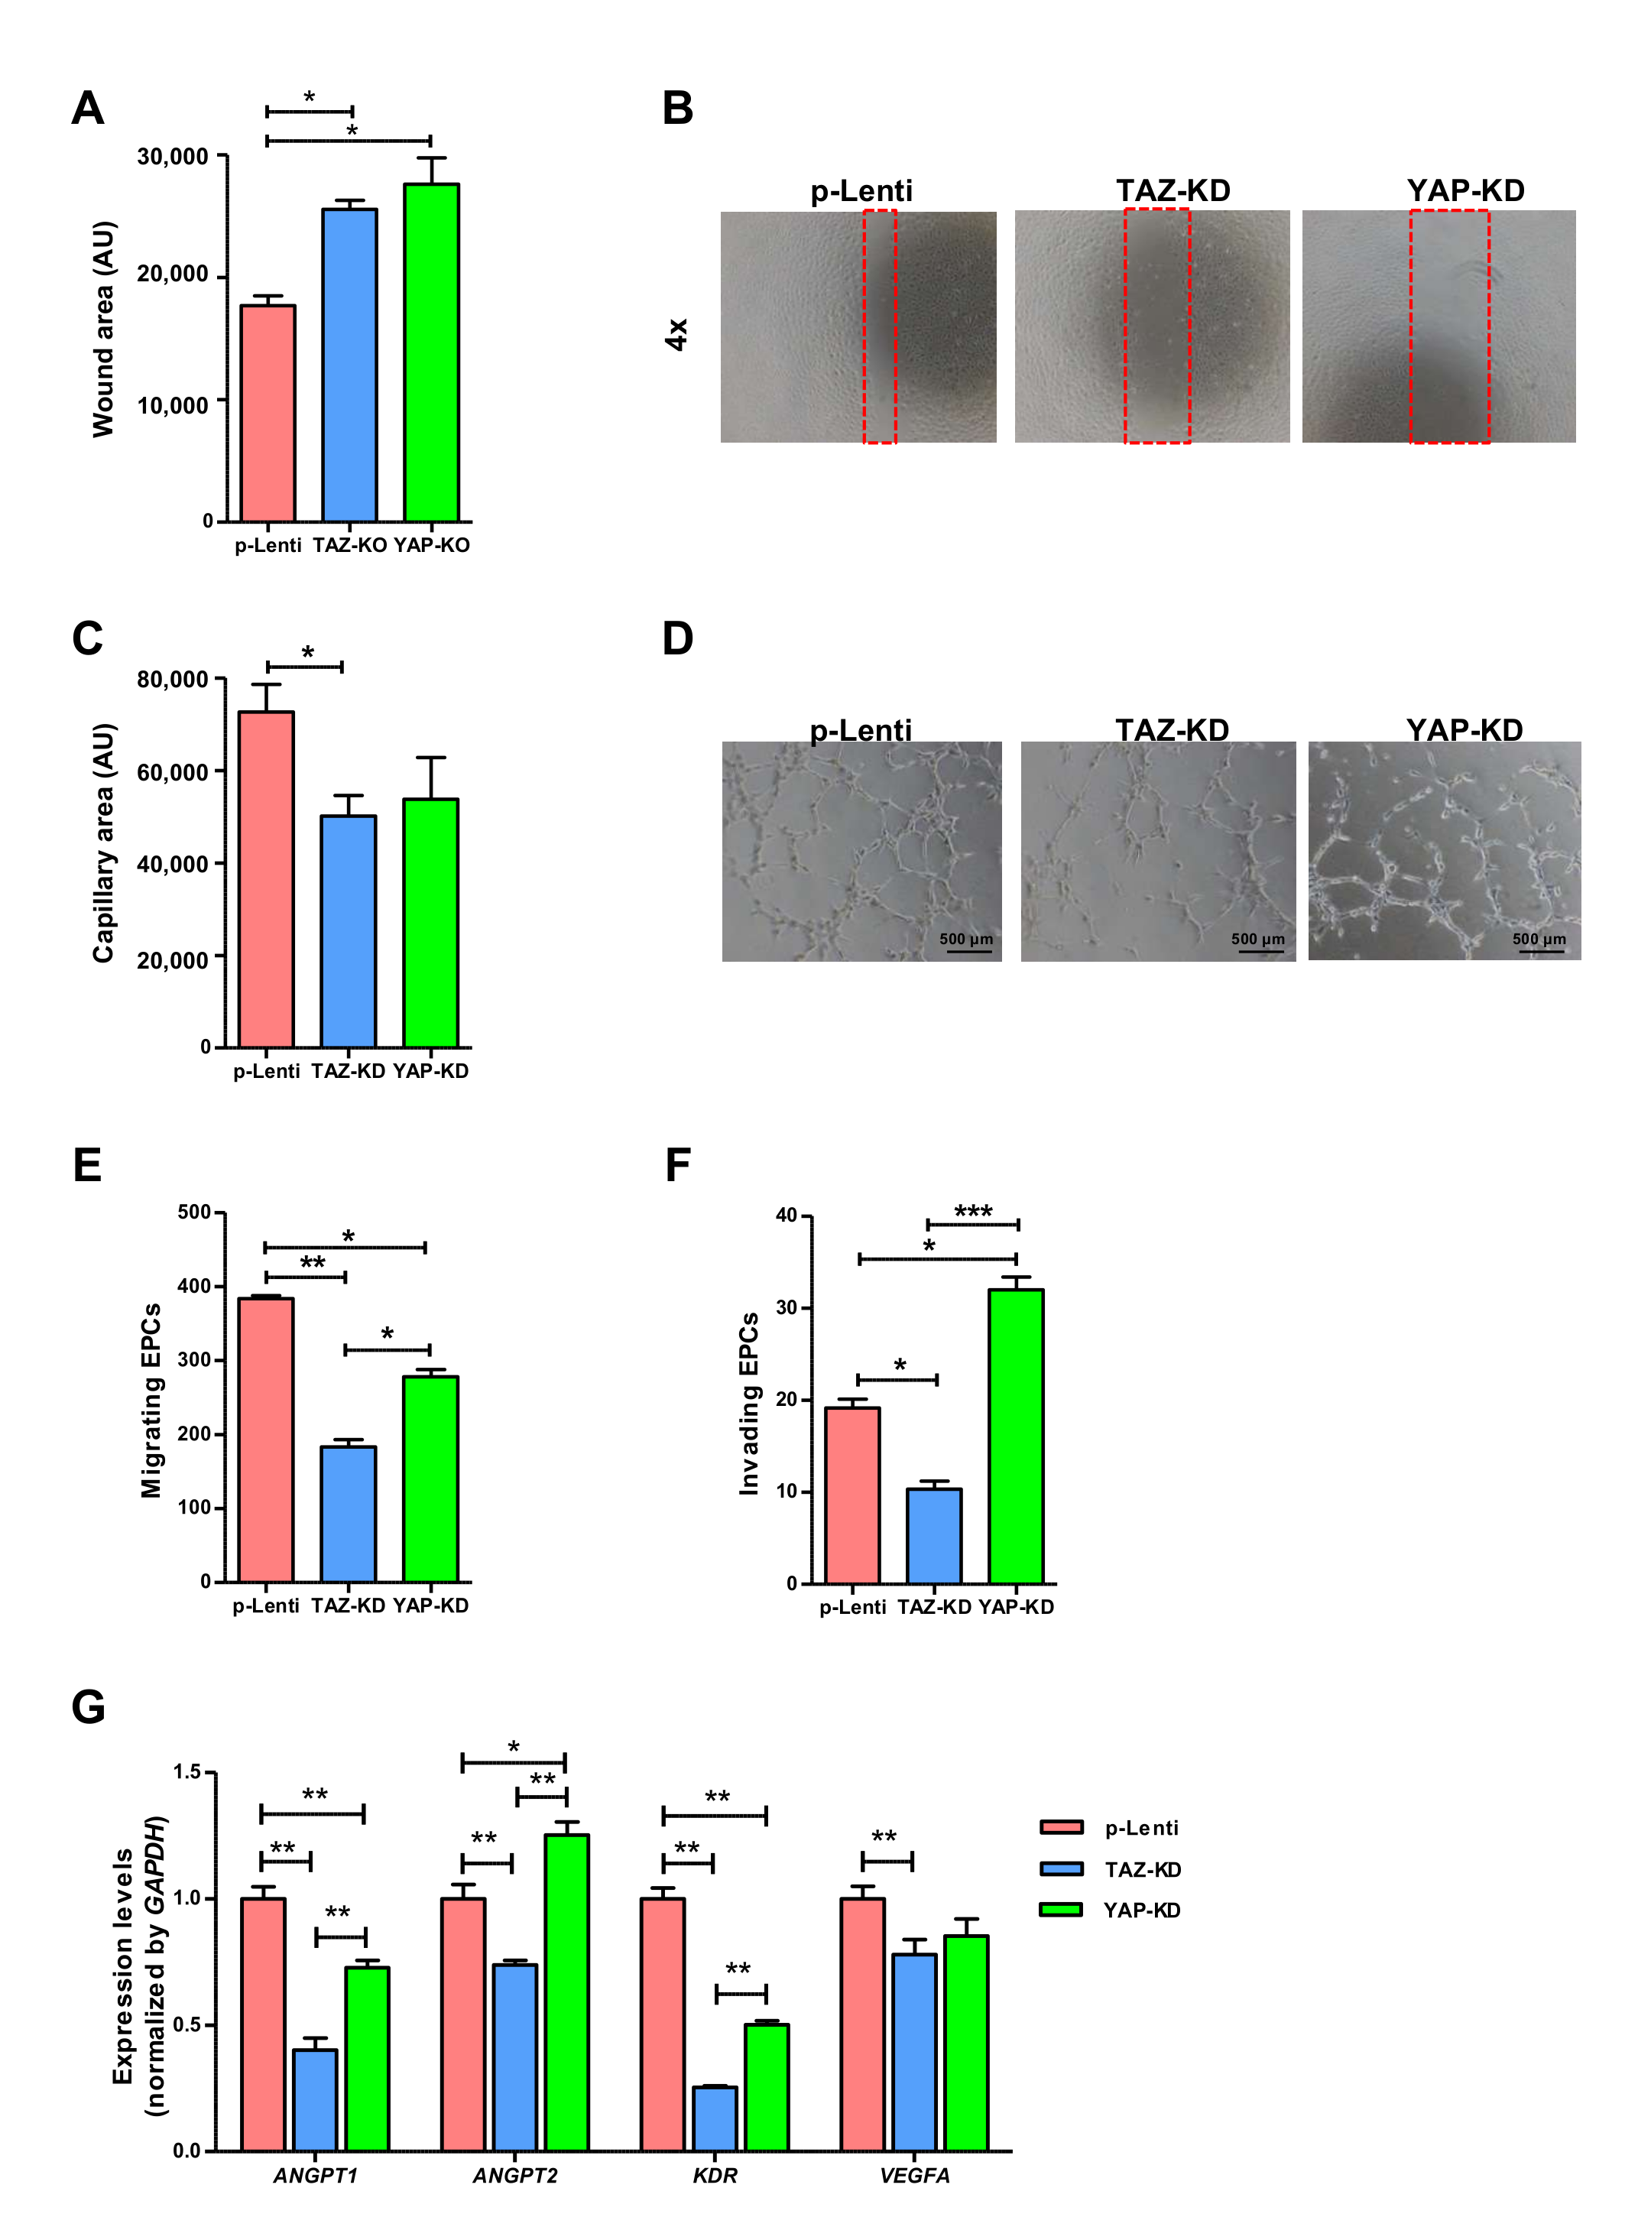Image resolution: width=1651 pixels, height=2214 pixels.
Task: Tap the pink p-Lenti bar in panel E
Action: click(266, 1440)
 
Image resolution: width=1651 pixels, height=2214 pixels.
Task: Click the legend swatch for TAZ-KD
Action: click(1062, 1868)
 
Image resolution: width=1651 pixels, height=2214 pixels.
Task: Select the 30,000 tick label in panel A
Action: click(173, 157)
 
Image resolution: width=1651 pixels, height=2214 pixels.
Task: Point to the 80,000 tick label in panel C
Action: click(173, 680)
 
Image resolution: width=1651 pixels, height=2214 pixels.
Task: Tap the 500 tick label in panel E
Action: click(194, 1213)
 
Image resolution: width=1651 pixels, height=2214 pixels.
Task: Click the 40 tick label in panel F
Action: click(787, 1216)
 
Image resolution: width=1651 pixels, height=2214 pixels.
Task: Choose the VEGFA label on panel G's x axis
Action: click(914, 2176)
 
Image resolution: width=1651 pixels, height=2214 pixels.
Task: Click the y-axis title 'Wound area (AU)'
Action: click(104, 329)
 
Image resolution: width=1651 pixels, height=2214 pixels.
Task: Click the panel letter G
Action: click(88, 1707)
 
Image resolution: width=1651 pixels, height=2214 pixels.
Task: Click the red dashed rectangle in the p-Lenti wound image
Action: click(880, 327)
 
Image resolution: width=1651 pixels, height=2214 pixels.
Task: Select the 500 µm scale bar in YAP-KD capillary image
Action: click(1540, 950)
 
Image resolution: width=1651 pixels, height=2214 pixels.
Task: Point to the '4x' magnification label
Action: click(676, 334)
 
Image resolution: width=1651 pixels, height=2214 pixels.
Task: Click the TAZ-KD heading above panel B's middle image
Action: click(1173, 191)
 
